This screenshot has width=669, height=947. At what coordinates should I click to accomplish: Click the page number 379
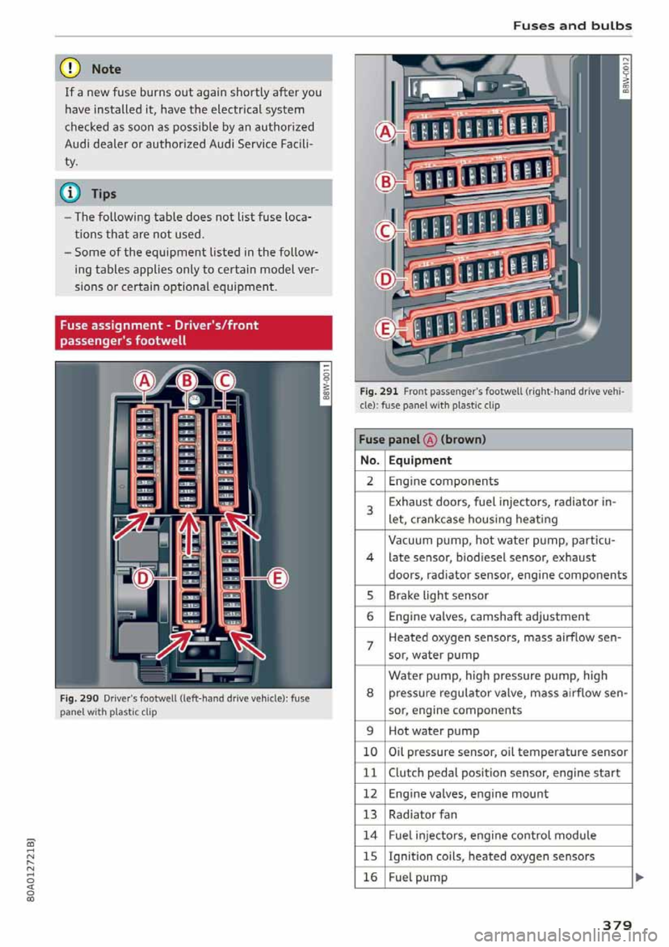click(617, 925)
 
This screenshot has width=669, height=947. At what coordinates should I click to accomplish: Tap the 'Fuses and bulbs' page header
click(572, 26)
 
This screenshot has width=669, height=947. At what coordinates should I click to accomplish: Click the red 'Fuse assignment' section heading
click(193, 333)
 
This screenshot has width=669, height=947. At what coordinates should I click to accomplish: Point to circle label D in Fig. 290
click(144, 578)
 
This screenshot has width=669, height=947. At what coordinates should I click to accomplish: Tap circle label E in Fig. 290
click(277, 578)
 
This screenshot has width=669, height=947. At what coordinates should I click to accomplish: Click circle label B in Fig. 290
click(186, 382)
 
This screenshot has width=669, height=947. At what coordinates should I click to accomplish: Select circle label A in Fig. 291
click(385, 132)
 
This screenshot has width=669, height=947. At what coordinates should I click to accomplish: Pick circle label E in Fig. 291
click(385, 328)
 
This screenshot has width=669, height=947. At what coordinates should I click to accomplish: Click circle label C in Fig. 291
click(385, 231)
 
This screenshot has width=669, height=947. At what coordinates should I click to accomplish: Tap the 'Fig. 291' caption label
click(378, 391)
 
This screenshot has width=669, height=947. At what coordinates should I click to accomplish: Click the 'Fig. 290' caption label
click(79, 698)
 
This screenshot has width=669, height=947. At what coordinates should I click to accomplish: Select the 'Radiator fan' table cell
click(423, 815)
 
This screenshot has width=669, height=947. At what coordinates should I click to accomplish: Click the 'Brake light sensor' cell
click(438, 596)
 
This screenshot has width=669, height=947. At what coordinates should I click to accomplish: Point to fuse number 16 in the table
click(370, 877)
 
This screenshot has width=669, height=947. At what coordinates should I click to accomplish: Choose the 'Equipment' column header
click(420, 460)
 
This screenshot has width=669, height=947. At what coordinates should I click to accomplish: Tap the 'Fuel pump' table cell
click(418, 877)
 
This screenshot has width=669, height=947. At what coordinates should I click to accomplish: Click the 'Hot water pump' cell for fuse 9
click(434, 731)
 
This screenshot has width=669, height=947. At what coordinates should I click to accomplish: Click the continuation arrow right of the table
click(640, 878)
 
